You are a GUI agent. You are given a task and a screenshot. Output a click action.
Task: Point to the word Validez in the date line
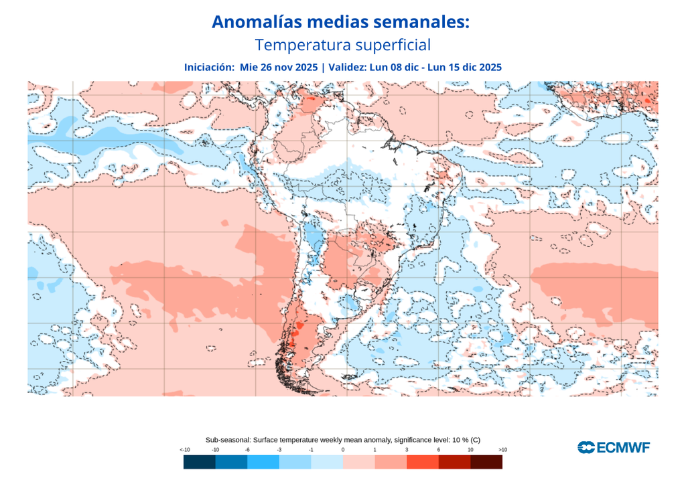(348, 67)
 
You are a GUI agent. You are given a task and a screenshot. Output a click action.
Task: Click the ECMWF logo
(614, 447)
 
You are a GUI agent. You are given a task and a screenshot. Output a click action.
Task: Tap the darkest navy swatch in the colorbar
(199, 462)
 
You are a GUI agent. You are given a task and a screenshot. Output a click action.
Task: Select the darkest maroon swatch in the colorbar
(486, 462)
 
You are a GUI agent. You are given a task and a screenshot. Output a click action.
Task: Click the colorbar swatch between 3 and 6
(423, 462)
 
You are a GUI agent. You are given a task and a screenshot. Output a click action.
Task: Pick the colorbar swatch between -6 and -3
(263, 462)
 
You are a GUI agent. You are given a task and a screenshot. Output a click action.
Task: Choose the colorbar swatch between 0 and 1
(359, 462)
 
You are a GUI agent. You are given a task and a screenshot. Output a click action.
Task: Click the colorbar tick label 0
(343, 449)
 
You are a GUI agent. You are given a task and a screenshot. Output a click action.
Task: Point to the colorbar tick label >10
(502, 449)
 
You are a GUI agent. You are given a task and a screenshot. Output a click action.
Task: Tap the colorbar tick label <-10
(184, 449)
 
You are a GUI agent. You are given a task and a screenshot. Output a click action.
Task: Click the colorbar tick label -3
(279, 449)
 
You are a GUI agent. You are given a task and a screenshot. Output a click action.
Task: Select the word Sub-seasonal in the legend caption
(227, 439)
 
